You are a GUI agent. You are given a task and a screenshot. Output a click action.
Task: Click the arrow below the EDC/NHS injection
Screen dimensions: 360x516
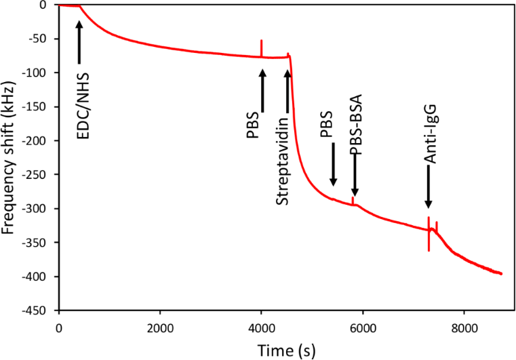point(79,42)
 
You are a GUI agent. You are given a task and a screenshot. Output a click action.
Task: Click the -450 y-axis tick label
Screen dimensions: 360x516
point(38,311)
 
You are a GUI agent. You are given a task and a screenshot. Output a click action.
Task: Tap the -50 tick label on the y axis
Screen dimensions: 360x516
point(41,39)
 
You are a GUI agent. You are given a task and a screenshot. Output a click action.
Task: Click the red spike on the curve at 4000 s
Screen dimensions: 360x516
point(262,47)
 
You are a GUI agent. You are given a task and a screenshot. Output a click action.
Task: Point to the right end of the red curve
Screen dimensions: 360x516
point(501,273)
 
